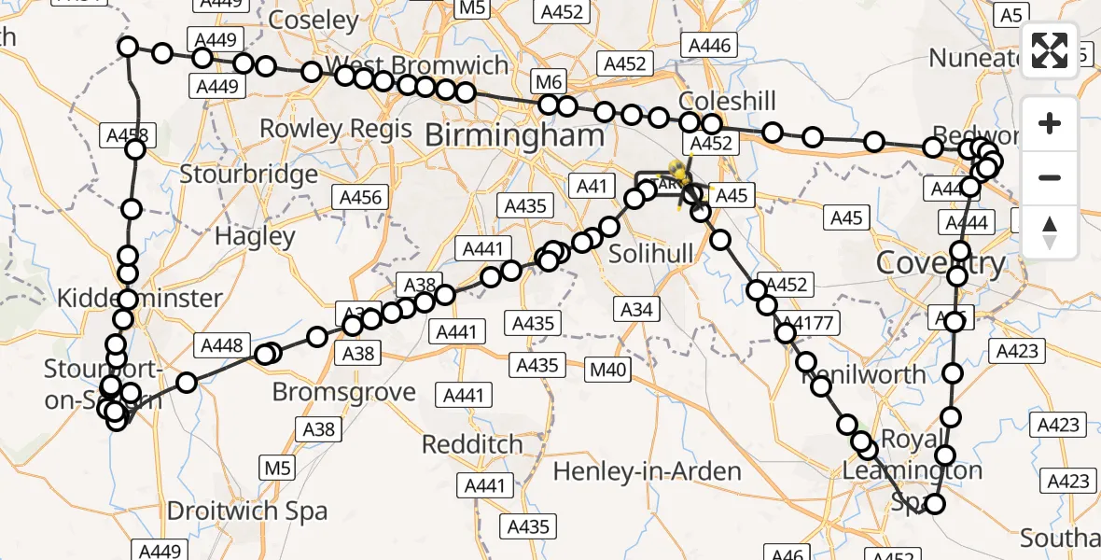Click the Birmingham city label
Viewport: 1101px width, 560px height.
(x=514, y=135)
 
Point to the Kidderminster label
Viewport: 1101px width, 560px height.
(x=140, y=299)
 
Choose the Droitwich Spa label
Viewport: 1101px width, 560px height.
(x=247, y=511)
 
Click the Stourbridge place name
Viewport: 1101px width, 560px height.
(x=248, y=175)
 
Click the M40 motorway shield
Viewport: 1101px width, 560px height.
(x=607, y=371)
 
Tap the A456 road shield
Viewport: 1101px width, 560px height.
(x=360, y=197)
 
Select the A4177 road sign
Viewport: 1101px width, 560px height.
(x=809, y=323)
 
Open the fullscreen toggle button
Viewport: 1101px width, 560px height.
(x=1050, y=50)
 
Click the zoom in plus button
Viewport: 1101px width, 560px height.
(x=1050, y=123)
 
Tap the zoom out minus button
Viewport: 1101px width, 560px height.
(x=1050, y=177)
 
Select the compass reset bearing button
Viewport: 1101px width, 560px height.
(x=1050, y=231)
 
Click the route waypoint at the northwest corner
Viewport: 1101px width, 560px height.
(x=128, y=47)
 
